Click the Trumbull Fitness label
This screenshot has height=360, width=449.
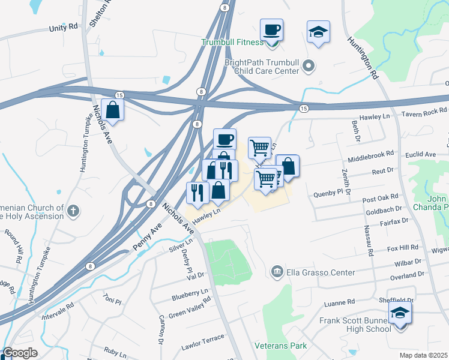click(232, 43)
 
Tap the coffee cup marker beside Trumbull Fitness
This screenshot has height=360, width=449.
click(271, 30)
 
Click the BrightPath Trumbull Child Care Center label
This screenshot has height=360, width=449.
click(262, 66)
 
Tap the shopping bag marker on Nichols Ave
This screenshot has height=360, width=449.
click(112, 110)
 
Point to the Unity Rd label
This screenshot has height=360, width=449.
click(64, 28)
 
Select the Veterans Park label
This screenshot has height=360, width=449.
click(280, 346)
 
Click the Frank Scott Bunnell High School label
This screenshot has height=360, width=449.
click(355, 325)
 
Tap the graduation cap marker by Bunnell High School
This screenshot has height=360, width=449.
click(400, 313)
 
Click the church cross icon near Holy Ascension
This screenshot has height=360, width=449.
click(73, 211)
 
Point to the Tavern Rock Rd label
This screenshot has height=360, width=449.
click(424, 111)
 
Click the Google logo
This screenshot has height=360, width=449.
click(20, 353)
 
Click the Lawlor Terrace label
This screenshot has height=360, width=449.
click(202, 343)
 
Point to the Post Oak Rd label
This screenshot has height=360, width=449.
click(380, 197)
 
